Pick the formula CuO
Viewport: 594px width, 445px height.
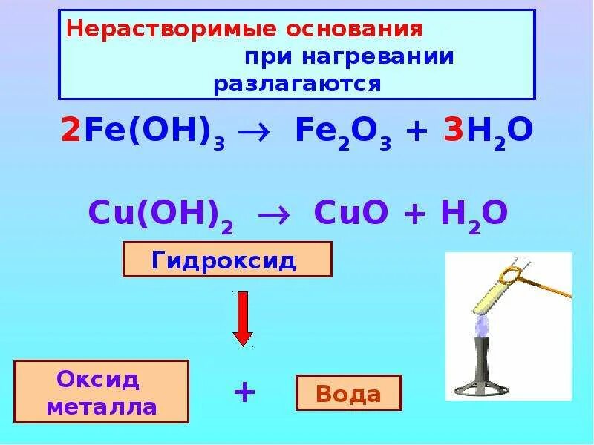tap(346, 213)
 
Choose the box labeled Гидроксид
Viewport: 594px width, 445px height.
tap(226, 260)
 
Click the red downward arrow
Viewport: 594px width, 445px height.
tap(243, 318)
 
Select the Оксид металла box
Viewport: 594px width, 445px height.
tap(101, 393)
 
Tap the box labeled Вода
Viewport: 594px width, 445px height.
tap(349, 393)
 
